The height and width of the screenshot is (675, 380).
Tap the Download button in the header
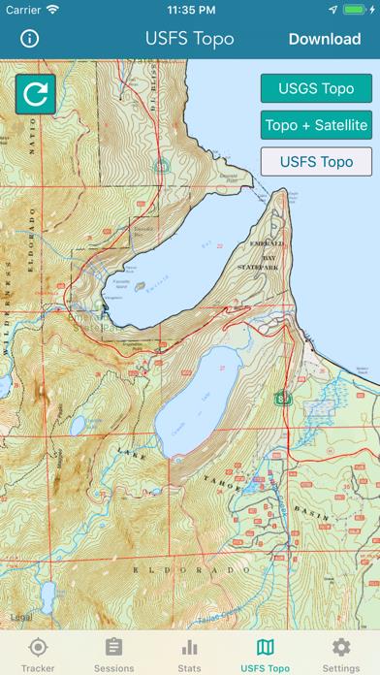tap(324, 39)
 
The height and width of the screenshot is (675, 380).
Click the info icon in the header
tap(30, 39)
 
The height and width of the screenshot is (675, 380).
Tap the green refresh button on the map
tap(36, 94)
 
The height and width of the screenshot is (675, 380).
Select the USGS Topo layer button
tap(315, 88)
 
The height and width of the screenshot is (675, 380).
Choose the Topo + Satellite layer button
tap(315, 124)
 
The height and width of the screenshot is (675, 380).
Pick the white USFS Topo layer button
tap(315, 161)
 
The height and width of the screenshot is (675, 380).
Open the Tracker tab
tap(38, 654)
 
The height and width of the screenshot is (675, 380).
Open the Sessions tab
tap(113, 654)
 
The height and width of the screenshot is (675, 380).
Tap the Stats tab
tap(189, 654)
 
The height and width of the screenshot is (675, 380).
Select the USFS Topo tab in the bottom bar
tap(265, 654)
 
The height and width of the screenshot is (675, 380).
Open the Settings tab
tap(340, 654)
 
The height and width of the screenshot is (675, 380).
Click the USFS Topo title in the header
tap(191, 39)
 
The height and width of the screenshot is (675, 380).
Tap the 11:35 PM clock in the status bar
tap(190, 10)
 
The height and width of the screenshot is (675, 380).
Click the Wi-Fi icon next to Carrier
tap(52, 10)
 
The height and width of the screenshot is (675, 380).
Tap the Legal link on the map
tap(19, 616)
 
